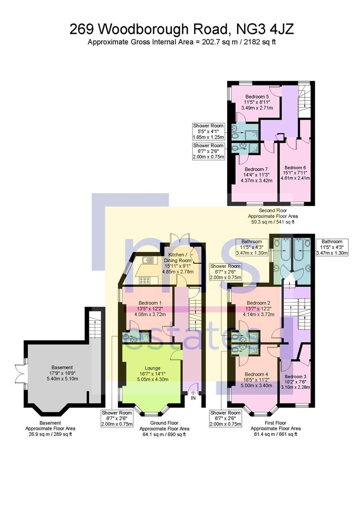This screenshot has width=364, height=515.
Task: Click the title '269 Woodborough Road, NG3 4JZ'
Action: (x=182, y=30)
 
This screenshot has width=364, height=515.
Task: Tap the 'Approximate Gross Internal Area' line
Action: (x=182, y=42)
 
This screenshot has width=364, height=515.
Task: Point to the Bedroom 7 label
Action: (x=254, y=175)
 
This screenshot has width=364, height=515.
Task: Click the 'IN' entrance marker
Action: (x=193, y=398)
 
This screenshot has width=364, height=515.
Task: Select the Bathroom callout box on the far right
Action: (x=332, y=247)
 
